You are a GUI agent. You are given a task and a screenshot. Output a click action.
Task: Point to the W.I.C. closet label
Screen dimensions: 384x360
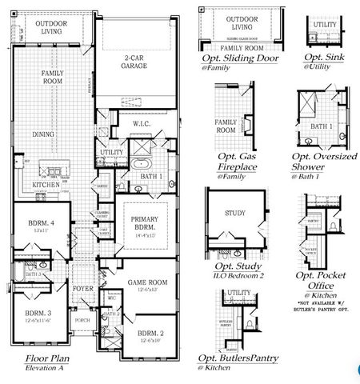click(132, 125)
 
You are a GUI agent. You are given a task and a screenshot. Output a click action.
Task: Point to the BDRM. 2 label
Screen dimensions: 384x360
click(150, 333)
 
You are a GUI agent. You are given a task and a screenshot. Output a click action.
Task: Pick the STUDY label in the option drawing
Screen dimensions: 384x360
click(234, 214)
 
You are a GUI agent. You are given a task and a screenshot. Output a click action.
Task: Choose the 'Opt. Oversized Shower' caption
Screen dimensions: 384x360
click(324, 162)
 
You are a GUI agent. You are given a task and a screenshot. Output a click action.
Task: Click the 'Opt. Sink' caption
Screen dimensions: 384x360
click(324, 59)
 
